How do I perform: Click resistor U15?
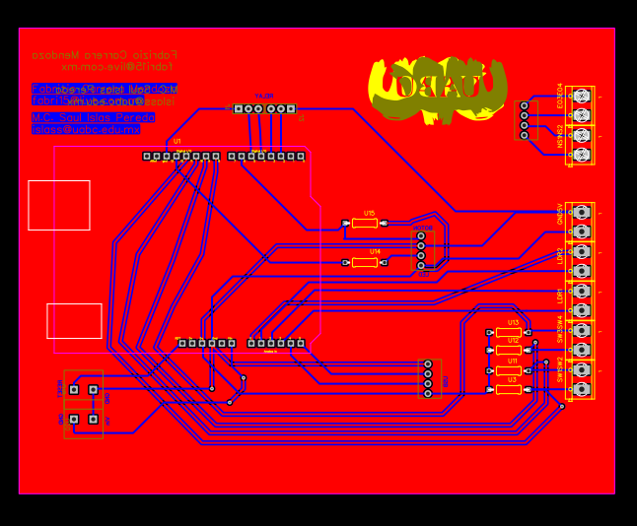click(x=365, y=224)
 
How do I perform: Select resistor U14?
click(x=365, y=263)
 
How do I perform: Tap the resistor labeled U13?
click(x=509, y=333)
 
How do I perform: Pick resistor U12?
click(x=509, y=350)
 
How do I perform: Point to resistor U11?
click(x=509, y=371)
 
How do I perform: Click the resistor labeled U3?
click(x=509, y=390)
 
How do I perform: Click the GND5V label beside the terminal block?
click(x=560, y=214)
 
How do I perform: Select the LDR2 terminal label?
click(x=560, y=255)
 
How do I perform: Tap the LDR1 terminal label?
click(x=560, y=295)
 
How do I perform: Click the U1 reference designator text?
click(x=177, y=142)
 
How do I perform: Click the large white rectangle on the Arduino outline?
click(x=59, y=205)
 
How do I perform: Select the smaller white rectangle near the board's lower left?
click(x=74, y=321)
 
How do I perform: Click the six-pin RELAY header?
click(x=264, y=109)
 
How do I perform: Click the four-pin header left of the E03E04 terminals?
click(x=524, y=120)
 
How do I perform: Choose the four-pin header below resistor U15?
click(x=421, y=250)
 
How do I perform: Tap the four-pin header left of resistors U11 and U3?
click(x=428, y=378)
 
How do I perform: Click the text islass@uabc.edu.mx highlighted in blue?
click(x=86, y=129)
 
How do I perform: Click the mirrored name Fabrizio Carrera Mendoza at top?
click(x=105, y=55)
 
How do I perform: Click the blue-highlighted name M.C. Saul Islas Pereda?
click(x=93, y=117)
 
